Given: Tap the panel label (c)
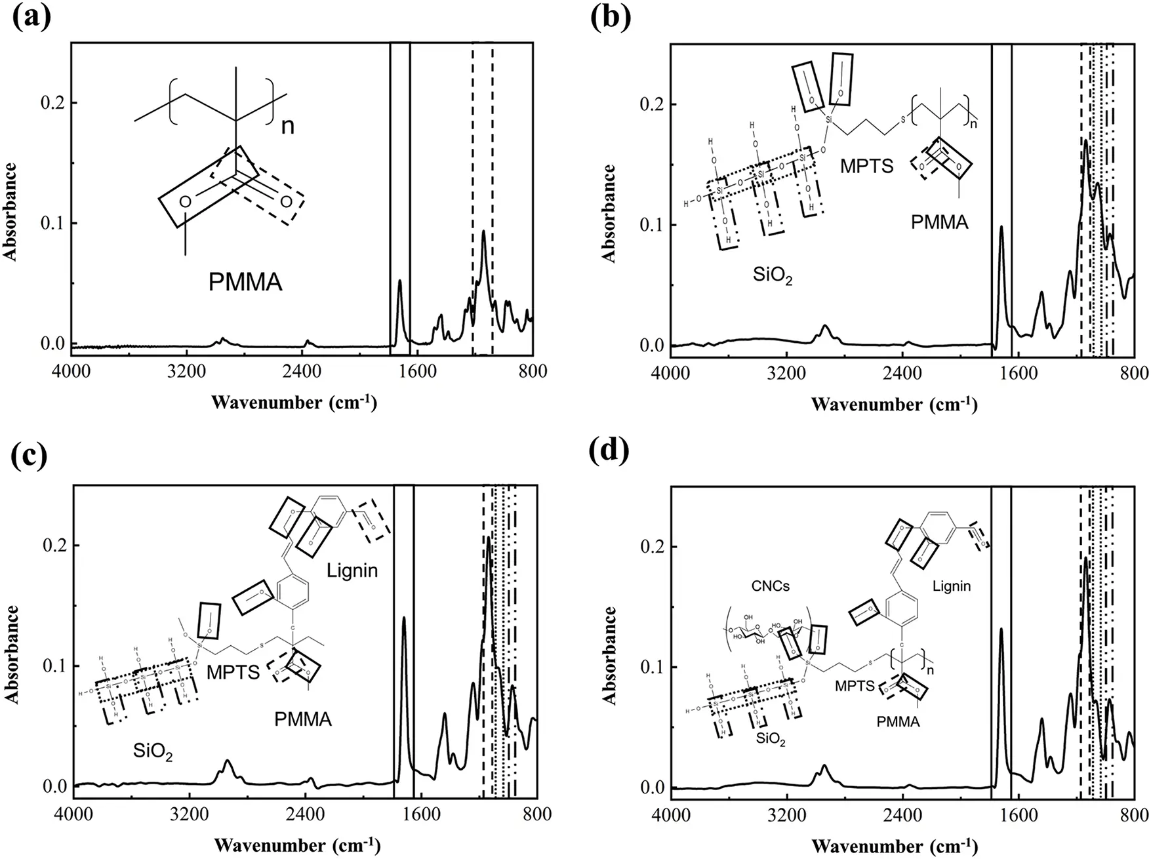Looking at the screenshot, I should pyautogui.click(x=31, y=456).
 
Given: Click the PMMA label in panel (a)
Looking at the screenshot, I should pyautogui.click(x=245, y=282).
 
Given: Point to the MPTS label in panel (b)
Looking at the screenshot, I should pyautogui.click(x=867, y=166).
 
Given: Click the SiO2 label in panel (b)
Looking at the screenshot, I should pyautogui.click(x=773, y=275).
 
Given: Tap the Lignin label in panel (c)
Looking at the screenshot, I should pyautogui.click(x=353, y=570).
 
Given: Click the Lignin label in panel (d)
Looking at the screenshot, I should pyautogui.click(x=952, y=586).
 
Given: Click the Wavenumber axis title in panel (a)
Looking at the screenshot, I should pyautogui.click(x=294, y=402).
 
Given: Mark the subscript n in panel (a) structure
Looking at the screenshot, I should pyautogui.click(x=287, y=125).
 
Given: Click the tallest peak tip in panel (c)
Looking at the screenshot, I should pyautogui.click(x=488, y=538).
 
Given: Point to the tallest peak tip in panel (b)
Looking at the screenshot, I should pyautogui.click(x=1086, y=140).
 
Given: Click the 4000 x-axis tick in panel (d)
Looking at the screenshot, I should pyautogui.click(x=670, y=814).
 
